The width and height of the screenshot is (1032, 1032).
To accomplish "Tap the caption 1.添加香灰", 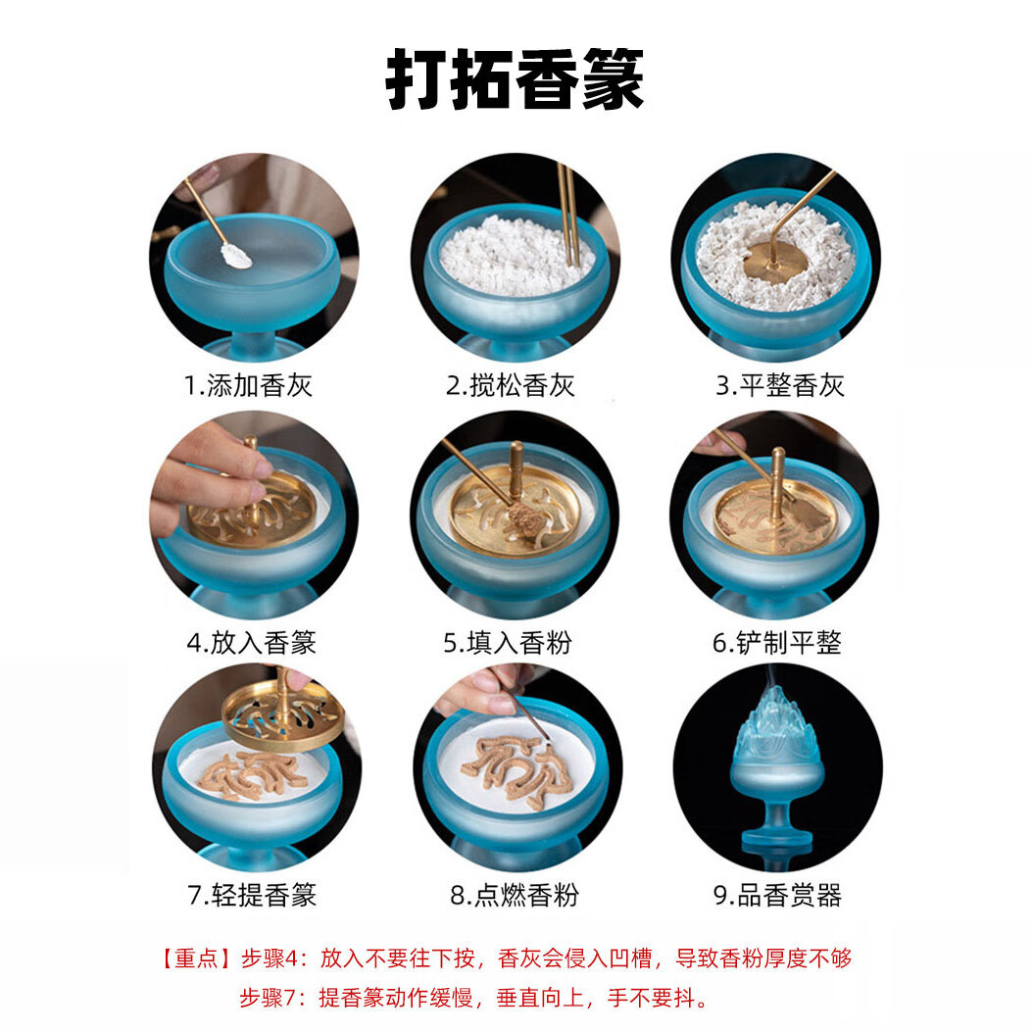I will pyautogui.click(x=248, y=385).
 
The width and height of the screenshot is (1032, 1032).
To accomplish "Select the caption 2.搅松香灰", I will pyautogui.click(x=510, y=385).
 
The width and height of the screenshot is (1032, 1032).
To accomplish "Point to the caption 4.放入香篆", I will pyautogui.click(x=251, y=644).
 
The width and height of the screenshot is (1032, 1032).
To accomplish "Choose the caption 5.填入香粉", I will pyautogui.click(x=507, y=644).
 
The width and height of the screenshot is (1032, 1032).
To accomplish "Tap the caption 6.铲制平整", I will pyautogui.click(x=776, y=644).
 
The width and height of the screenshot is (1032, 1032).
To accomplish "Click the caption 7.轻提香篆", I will pyautogui.click(x=251, y=895).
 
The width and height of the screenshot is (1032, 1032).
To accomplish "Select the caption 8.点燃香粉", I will pyautogui.click(x=515, y=895).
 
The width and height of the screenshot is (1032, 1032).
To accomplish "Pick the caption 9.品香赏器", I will pyautogui.click(x=777, y=895).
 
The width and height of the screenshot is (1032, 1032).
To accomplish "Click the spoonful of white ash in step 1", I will pyautogui.click(x=236, y=256).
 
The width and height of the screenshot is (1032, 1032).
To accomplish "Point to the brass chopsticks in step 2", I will pyautogui.click(x=567, y=216).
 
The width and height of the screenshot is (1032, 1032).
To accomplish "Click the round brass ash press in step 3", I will pyautogui.click(x=771, y=264).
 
